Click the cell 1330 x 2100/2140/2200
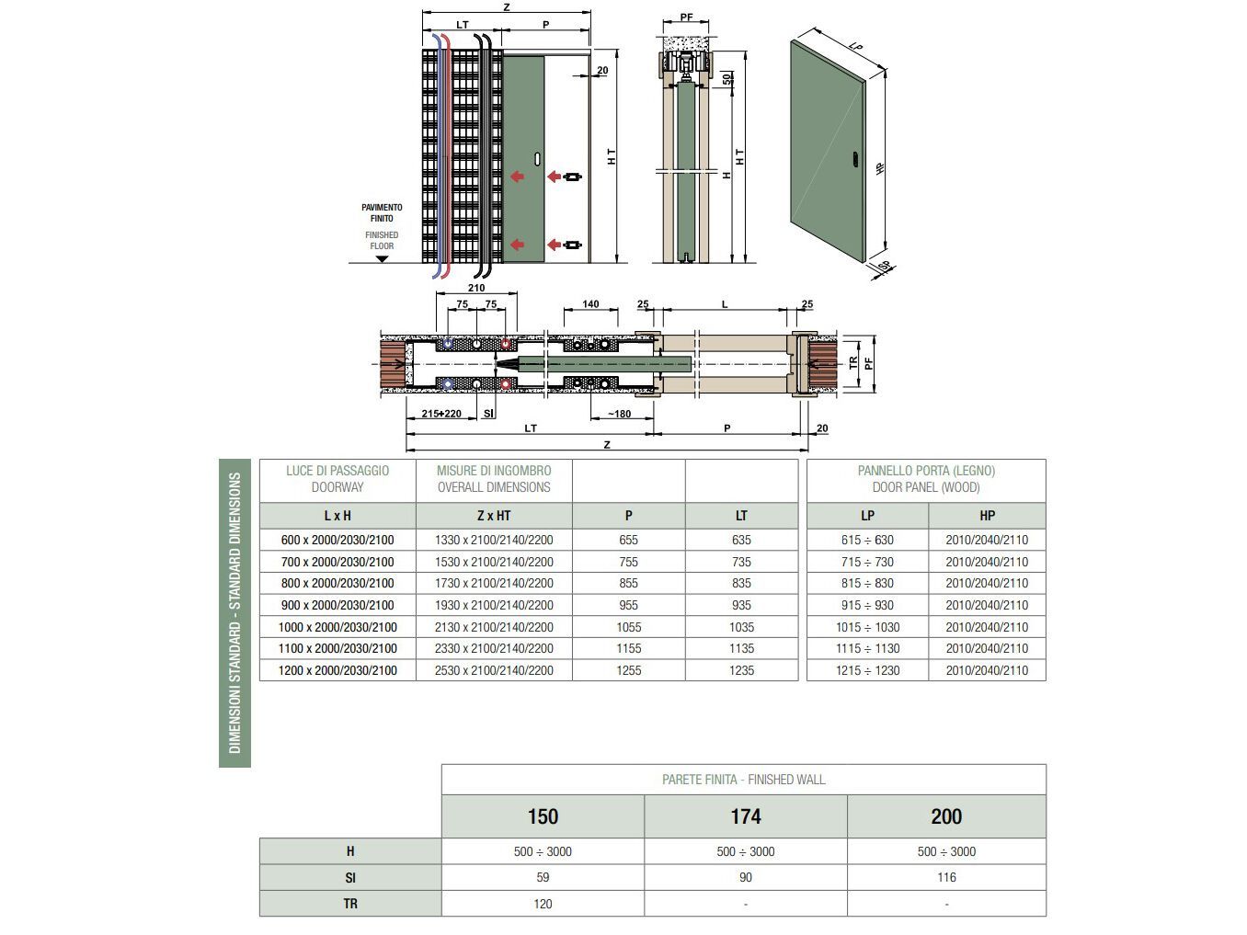point(494,540)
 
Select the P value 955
point(628,605)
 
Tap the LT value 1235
point(741,670)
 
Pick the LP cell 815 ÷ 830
point(867,583)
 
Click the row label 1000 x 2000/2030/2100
point(337,627)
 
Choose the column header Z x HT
point(494,516)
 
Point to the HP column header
point(987,516)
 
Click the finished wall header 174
point(746,816)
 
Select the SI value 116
point(946,877)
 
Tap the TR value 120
point(543,904)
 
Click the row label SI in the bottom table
point(350,877)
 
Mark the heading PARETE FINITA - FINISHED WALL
point(743,780)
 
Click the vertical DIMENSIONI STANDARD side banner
point(235,612)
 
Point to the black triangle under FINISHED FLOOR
point(382,259)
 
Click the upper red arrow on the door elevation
point(517,177)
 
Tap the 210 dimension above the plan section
point(475,288)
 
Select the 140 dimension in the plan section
point(590,304)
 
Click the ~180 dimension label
point(619,414)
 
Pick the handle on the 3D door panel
point(855,160)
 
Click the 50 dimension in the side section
point(726,79)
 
